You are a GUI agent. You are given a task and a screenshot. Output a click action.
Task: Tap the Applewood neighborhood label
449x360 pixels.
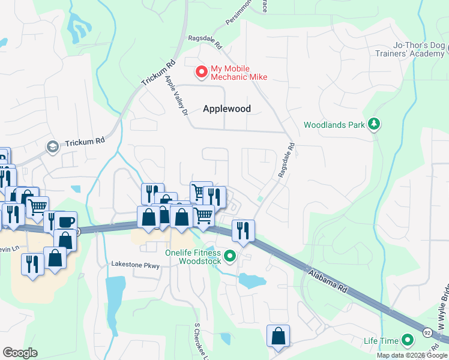pos(226,109)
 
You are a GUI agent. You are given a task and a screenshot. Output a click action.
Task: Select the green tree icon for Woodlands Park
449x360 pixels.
pos(375,124)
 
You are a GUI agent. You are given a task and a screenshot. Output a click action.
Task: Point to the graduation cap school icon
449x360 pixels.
pos(53,147)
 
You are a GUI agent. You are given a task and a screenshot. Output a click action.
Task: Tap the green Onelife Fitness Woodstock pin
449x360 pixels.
pos(229,257)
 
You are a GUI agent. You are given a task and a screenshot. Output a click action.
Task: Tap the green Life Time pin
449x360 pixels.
pos(408,341)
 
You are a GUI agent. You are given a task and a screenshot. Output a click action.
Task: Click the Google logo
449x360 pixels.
pos(20,353)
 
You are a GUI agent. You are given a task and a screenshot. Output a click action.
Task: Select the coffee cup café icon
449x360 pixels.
pos(66,221)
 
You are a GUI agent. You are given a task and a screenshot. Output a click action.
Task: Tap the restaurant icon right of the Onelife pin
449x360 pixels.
pos(243,230)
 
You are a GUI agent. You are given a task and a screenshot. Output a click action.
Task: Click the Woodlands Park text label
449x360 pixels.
pos(334,125)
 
